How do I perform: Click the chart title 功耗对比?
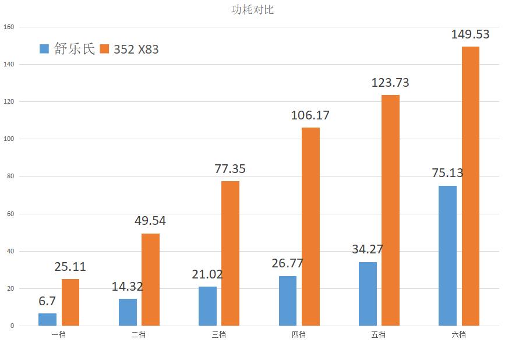coord(252,9)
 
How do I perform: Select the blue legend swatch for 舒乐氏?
coord(45,49)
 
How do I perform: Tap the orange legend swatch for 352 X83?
coord(105,49)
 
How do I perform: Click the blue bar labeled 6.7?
coord(48,319)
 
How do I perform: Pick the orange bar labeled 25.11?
coord(70,302)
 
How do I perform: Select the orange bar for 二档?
coord(150,280)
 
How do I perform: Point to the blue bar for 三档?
coord(207,306)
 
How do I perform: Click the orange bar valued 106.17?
coord(310,227)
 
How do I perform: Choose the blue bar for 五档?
coord(368,294)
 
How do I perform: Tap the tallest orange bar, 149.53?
coord(470,186)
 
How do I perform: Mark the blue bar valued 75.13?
coord(447,256)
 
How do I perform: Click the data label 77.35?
coord(230,169)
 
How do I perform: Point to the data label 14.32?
coord(127,286)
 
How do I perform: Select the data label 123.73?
coord(390,83)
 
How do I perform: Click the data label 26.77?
coord(287,263)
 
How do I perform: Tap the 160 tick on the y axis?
coord(9,27)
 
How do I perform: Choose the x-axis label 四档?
coord(298,334)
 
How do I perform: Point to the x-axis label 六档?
coord(458,334)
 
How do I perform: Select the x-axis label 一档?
coord(58,334)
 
